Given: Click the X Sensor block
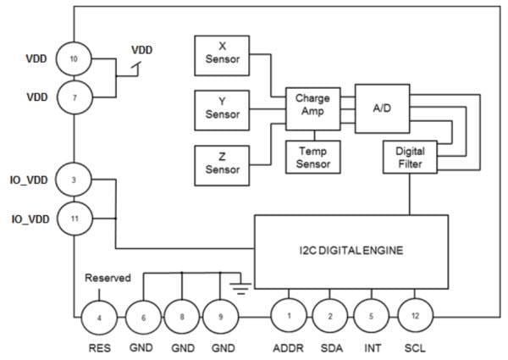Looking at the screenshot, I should (x=223, y=53).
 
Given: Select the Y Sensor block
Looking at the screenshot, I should (x=223, y=108).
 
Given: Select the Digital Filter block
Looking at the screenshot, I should (x=410, y=157).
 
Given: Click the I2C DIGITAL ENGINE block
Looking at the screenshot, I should (x=351, y=252).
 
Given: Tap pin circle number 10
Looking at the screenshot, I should (x=75, y=59).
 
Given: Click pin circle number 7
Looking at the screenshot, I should (x=75, y=97).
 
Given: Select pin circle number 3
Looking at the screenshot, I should (x=75, y=180).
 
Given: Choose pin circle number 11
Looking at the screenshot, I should (x=75, y=219).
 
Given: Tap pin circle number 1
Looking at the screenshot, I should (x=287, y=316).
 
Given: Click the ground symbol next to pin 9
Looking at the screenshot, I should (x=242, y=286).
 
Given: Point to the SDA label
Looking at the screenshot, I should (x=330, y=347).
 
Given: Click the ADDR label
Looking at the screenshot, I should (x=287, y=347).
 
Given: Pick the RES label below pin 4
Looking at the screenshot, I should (x=100, y=347).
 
